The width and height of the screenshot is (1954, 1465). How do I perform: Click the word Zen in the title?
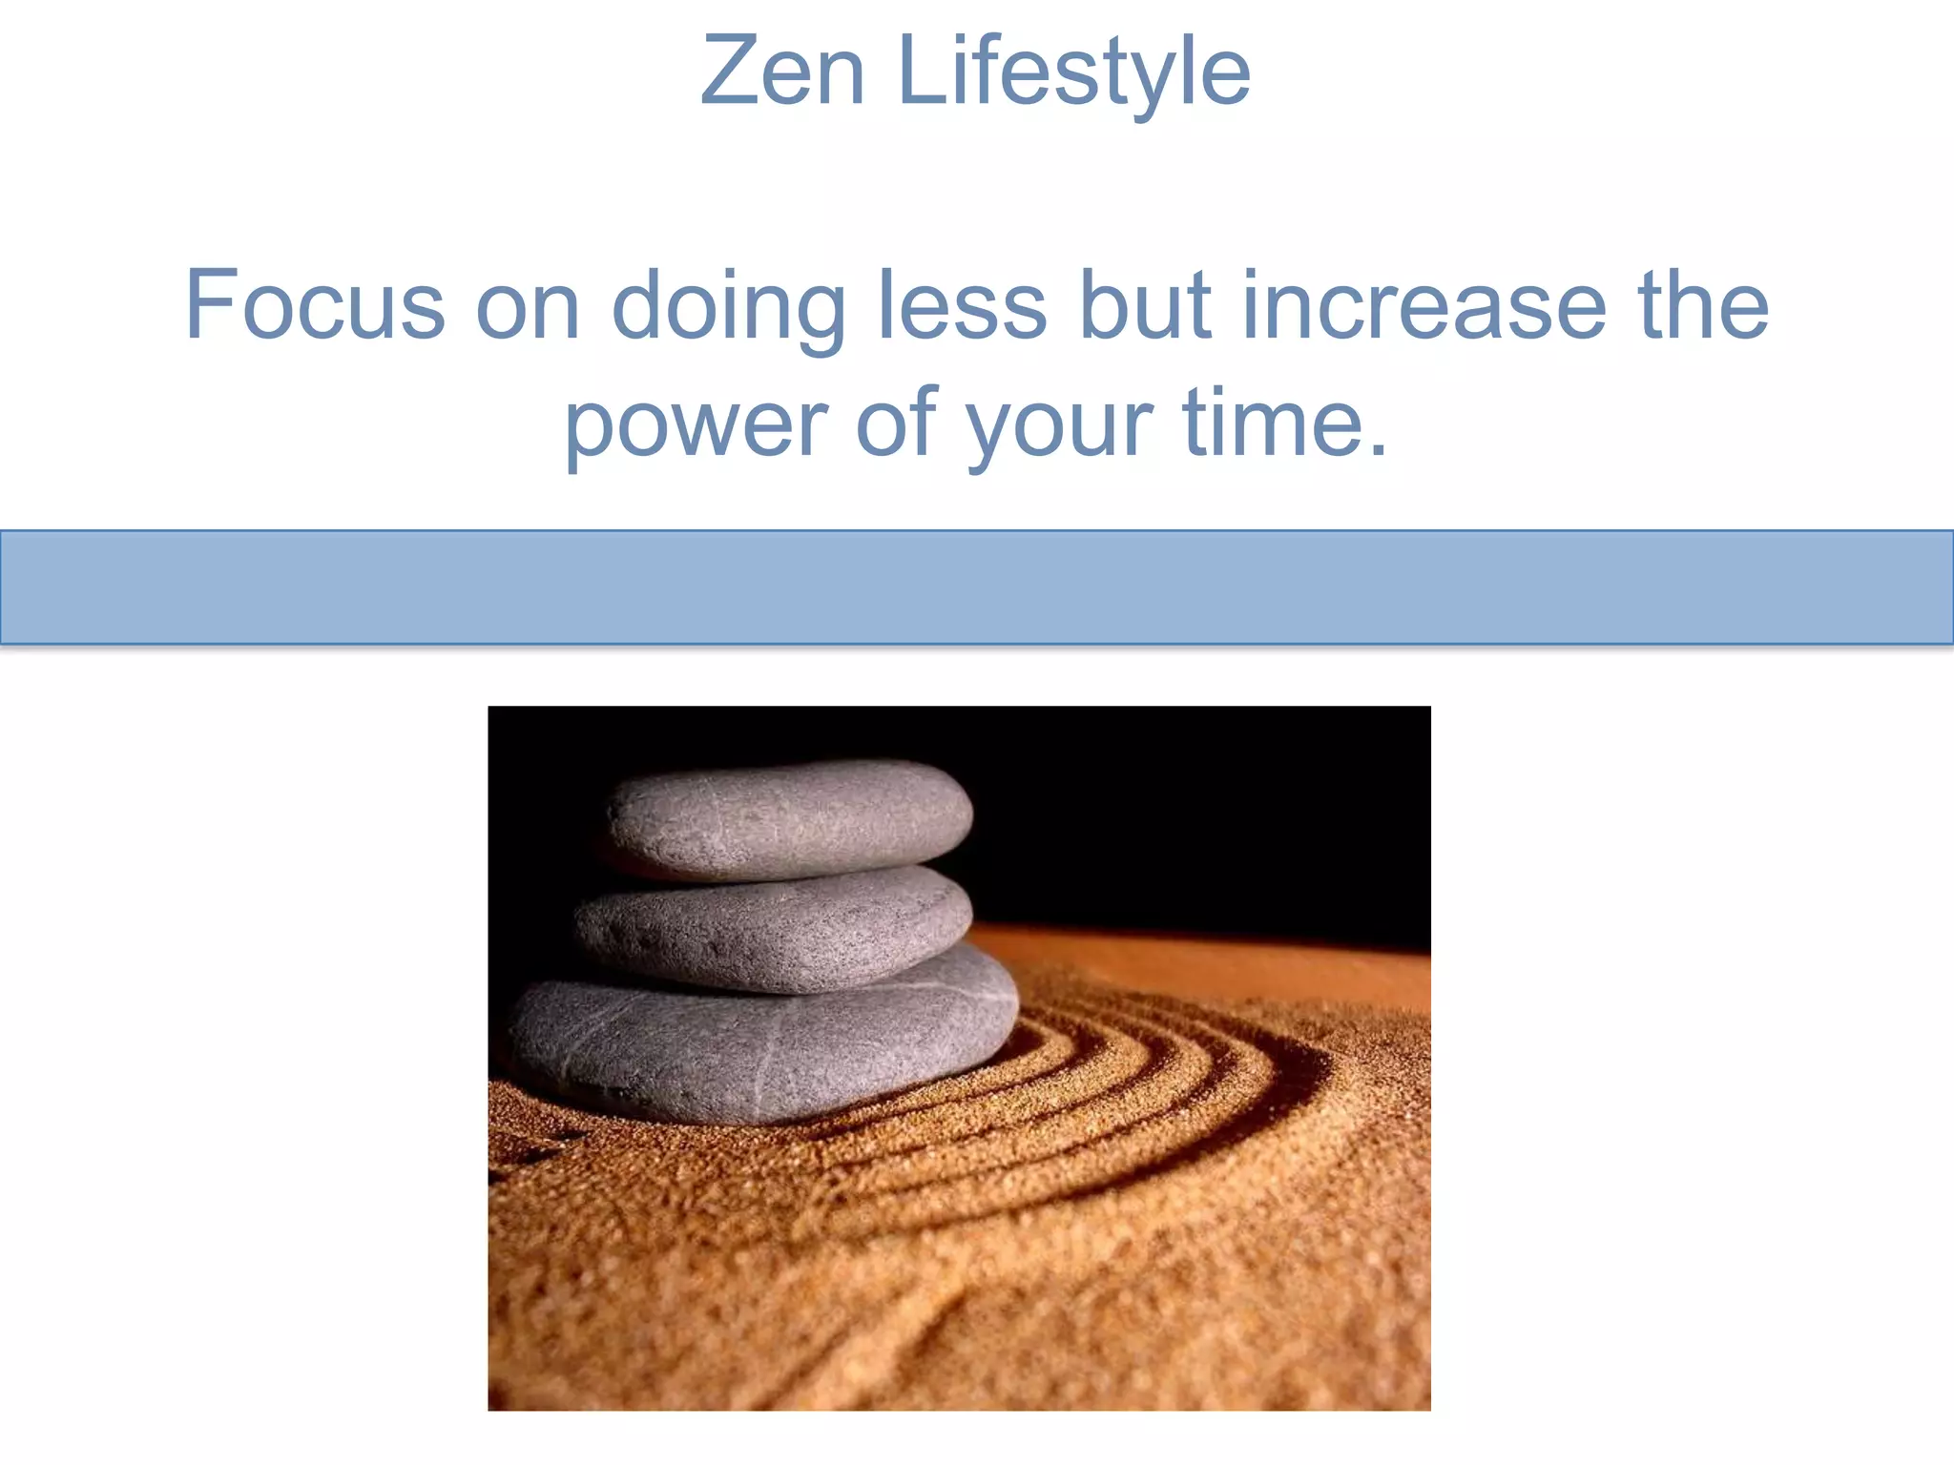781,72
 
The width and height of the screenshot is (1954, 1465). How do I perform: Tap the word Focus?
315,305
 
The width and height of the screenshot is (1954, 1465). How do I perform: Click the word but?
1144,305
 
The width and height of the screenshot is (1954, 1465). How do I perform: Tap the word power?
696,424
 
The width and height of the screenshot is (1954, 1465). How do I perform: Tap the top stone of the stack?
790,818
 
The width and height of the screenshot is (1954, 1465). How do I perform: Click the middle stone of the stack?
773,927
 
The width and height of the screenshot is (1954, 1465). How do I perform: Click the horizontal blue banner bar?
977,587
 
